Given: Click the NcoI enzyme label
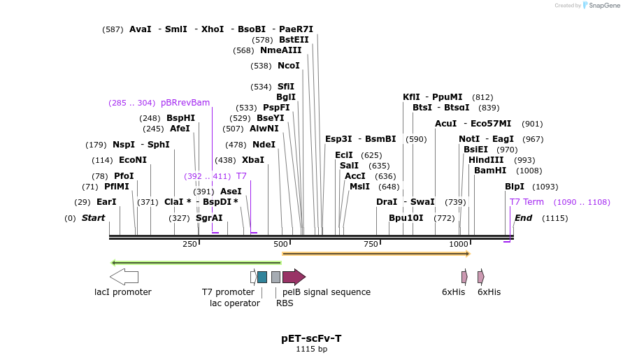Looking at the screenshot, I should [x=288, y=66].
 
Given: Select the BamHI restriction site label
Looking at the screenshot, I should [x=489, y=171].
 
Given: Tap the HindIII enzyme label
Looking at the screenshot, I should [x=486, y=160].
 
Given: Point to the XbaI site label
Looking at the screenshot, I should [x=253, y=160].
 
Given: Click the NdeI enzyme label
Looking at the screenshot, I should [x=264, y=145].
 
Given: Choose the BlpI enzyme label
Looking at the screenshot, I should [x=514, y=187].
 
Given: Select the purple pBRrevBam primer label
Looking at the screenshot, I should [x=185, y=103].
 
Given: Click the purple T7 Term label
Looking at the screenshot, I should [x=527, y=202].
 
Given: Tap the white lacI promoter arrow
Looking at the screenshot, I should [x=124, y=277].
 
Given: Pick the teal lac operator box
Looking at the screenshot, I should [x=262, y=277].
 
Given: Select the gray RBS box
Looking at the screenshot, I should [x=275, y=277].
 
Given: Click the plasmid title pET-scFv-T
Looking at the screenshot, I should [x=311, y=338].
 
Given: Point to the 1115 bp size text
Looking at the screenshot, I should [x=311, y=349].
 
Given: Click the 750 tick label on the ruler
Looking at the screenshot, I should [x=371, y=244].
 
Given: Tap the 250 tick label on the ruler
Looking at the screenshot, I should [x=189, y=244].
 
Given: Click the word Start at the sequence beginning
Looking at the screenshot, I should [x=93, y=218].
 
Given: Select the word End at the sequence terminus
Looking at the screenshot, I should [x=523, y=218].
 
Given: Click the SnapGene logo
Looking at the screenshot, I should [x=601, y=6].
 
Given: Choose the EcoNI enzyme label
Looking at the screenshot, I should [x=133, y=160].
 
